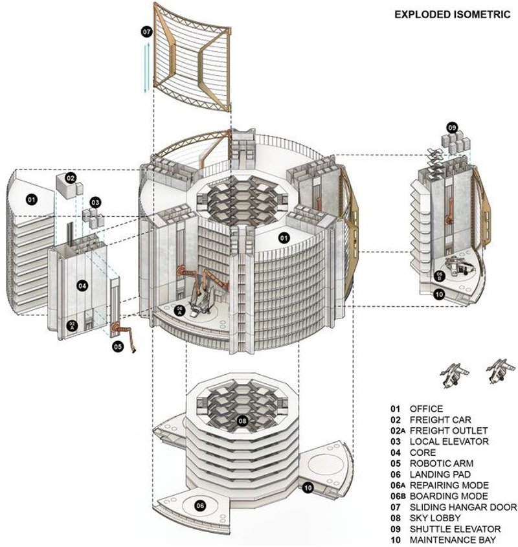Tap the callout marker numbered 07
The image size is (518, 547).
click(146, 30)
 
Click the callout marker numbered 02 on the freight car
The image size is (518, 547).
click(71, 178)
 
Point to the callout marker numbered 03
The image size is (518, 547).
click(95, 203)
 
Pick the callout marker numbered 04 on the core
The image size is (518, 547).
click(82, 285)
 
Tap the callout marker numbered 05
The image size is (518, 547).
click(117, 347)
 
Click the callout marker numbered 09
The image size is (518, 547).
click(452, 128)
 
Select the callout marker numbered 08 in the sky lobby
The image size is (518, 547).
click(242, 420)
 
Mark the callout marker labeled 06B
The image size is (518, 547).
click(440, 275)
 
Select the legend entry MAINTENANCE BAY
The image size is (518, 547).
click(453, 540)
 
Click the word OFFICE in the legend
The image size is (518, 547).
click(426, 408)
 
